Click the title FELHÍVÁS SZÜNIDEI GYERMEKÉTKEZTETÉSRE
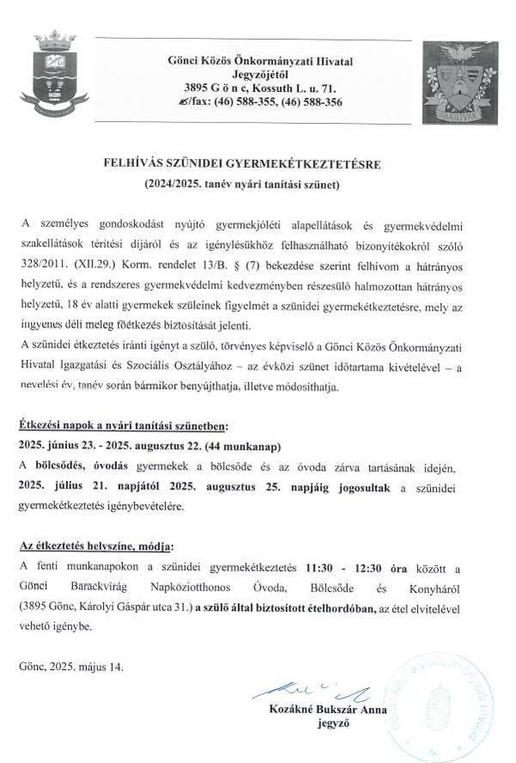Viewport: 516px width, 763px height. (255, 163)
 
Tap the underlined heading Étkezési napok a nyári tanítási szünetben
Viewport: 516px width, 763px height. (122, 426)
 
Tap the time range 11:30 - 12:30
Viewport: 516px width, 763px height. (344, 568)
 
